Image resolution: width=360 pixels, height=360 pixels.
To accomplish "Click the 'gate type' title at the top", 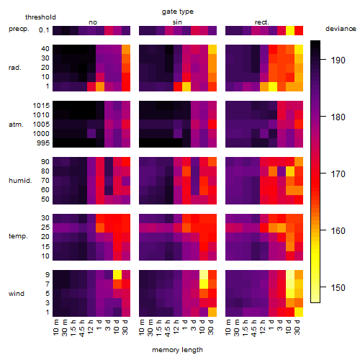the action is click(x=178, y=12).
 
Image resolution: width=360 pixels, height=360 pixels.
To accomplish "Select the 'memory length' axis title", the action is click(x=177, y=350).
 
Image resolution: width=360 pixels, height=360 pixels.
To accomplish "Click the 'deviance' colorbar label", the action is click(x=341, y=29).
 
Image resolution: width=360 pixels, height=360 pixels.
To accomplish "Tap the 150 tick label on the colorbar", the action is click(x=338, y=287).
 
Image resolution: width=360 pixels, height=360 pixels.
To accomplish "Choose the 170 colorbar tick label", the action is click(x=338, y=174).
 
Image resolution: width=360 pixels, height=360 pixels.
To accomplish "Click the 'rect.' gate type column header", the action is click(x=262, y=22).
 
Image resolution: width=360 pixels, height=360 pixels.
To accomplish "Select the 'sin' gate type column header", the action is click(x=177, y=22).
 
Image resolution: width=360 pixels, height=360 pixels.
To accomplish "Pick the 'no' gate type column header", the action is click(x=93, y=22).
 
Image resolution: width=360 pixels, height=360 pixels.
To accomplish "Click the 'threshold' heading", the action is click(x=40, y=17).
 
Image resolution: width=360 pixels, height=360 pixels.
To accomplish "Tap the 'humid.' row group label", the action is click(x=20, y=181).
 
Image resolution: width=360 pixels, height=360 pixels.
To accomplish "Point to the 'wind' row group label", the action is click(x=17, y=294).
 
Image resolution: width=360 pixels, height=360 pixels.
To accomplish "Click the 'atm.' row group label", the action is click(x=16, y=125).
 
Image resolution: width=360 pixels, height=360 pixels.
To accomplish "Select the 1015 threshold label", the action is click(x=41, y=106).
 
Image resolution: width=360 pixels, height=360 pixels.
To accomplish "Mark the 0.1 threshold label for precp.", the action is click(x=44, y=30).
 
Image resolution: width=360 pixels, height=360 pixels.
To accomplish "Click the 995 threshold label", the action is click(x=43, y=143).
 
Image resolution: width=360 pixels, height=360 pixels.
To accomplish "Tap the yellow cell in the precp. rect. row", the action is click(x=290, y=30).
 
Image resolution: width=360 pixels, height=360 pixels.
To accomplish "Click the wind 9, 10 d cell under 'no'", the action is click(x=117, y=275).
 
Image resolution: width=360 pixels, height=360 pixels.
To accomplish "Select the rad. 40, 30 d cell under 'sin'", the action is click(x=212, y=49).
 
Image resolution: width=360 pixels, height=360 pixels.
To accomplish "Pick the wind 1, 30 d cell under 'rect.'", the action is click(x=299, y=312).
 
